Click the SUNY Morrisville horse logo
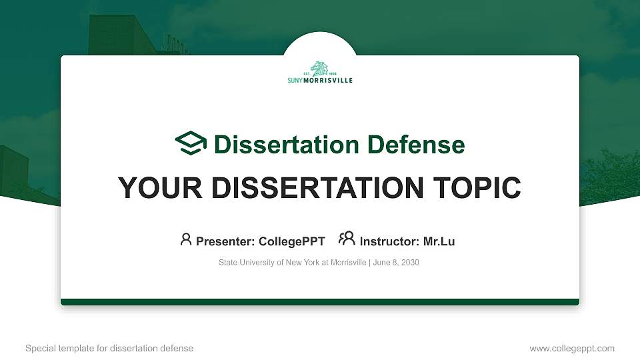tap(320, 69)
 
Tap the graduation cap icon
tap(191, 143)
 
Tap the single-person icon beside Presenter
tap(186, 239)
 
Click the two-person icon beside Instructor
tap(347, 239)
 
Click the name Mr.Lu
tap(439, 241)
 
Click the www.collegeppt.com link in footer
tap(572, 348)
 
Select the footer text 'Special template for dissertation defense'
tap(109, 348)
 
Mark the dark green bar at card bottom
tap(320, 302)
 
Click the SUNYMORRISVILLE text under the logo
tap(320, 81)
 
